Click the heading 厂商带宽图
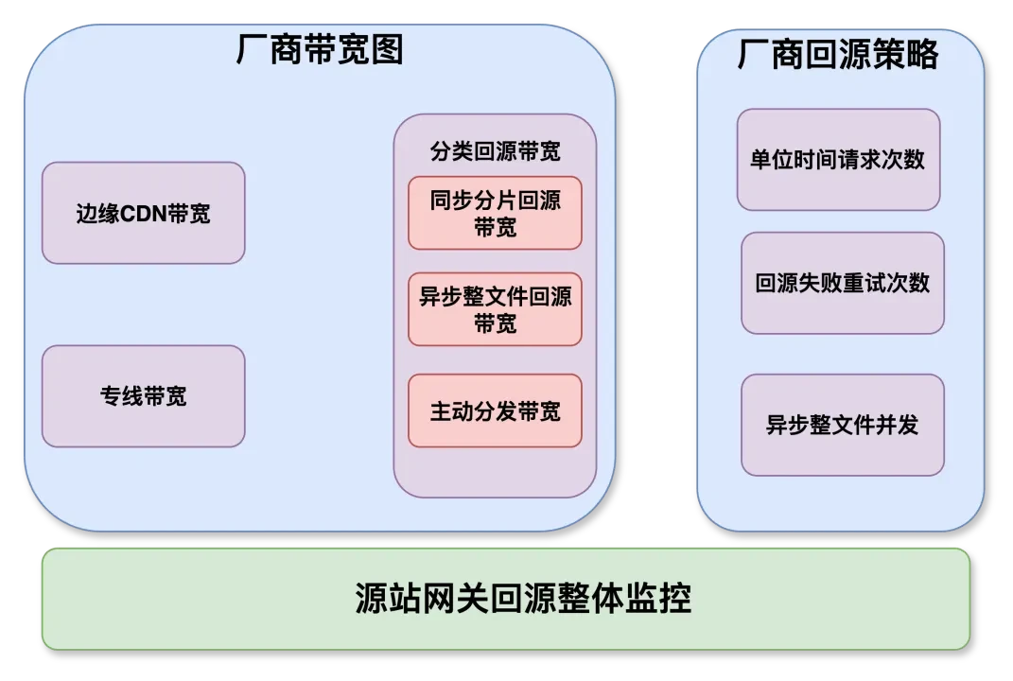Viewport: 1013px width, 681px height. point(320,50)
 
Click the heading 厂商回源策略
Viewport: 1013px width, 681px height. point(838,55)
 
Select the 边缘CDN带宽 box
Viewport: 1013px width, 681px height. point(143,213)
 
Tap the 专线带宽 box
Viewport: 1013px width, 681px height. point(143,396)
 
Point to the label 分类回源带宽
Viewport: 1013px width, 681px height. point(495,151)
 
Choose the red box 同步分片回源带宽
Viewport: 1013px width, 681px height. point(495,213)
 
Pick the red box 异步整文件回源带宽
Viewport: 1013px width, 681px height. point(495,309)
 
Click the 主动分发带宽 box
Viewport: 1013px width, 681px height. point(495,411)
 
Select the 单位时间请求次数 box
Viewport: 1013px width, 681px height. point(838,159)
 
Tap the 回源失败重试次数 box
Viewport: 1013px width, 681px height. point(842,283)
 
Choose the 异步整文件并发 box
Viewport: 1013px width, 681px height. point(842,425)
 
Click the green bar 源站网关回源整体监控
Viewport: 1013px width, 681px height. point(506,599)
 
